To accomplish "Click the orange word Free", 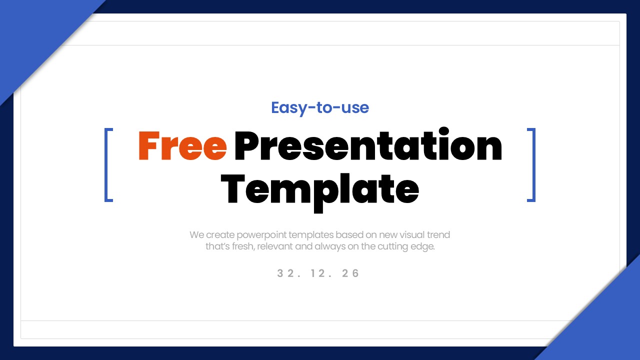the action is pyautogui.click(x=182, y=145).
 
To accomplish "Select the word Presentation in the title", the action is pyautogui.click(x=368, y=144).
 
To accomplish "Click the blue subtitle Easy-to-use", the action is pyautogui.click(x=320, y=108).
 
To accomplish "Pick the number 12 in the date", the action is pyautogui.click(x=318, y=273).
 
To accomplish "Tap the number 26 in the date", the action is pyautogui.click(x=350, y=273).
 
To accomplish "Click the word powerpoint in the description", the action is pyautogui.click(x=261, y=235).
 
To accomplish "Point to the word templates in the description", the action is pyautogui.click(x=311, y=235).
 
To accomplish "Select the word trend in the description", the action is pyautogui.click(x=438, y=235).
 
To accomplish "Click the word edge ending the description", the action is pyautogui.click(x=422, y=247).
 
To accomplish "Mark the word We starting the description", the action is pyautogui.click(x=196, y=235).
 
